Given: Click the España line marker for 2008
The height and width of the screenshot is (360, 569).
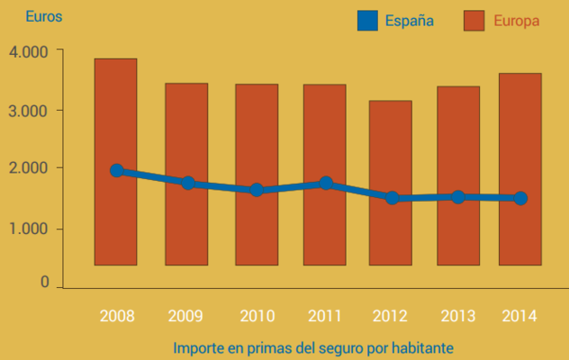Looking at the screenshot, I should coord(117,170).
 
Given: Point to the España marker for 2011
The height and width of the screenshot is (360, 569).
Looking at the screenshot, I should coord(326,184).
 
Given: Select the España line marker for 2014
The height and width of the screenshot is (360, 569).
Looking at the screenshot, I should coord(520,198).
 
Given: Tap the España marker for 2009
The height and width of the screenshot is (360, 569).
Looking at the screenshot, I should coord(187,183).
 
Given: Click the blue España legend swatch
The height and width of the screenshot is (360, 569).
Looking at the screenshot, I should coord(366,21).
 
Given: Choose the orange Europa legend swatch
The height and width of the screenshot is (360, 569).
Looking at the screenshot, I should coord(474,21).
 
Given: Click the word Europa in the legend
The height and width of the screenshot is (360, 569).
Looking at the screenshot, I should coord(517,21).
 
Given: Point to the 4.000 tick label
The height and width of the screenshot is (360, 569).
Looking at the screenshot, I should coord(29,52).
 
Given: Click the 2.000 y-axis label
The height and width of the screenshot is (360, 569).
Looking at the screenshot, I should coord(29,168).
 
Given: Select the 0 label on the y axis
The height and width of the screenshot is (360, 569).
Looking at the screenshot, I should coord(44,283).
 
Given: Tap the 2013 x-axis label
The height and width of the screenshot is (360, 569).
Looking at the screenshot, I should coord(457,316).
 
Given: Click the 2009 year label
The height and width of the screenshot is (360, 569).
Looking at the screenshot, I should coord(185,316).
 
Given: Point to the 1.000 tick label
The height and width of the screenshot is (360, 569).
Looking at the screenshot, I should coord(29,229).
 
